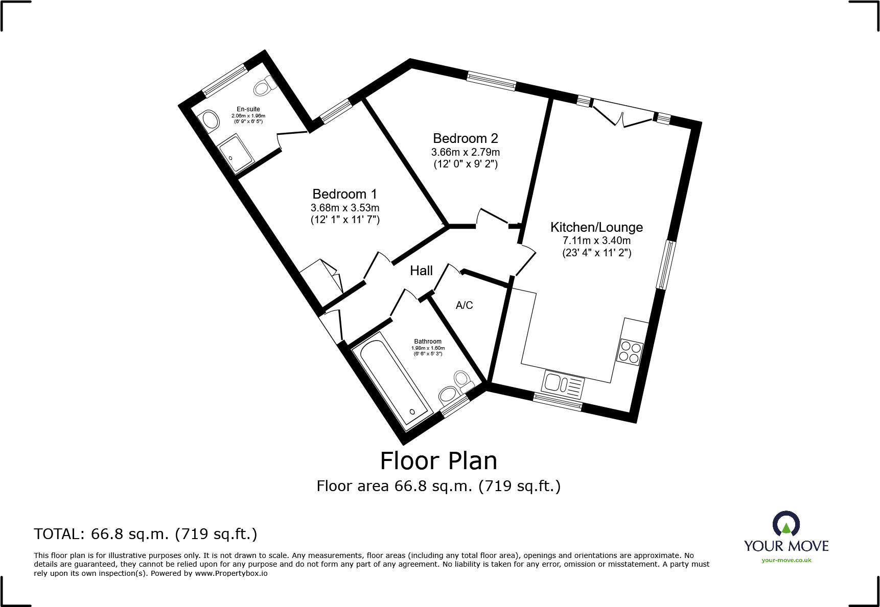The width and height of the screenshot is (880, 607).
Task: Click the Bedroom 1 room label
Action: pos(344,194)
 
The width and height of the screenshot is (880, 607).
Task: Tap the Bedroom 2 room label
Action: pos(465,138)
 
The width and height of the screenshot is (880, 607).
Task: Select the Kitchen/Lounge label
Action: pos(596,228)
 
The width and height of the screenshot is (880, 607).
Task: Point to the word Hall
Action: pos(421,271)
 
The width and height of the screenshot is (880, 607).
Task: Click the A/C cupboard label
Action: pos(464,305)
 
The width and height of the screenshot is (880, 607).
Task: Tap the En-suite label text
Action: pos(248,109)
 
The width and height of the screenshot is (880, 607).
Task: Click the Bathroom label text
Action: pos(428,342)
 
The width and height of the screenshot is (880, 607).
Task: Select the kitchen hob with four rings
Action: pos(630,352)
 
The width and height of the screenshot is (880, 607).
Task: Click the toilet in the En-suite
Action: pos(265,86)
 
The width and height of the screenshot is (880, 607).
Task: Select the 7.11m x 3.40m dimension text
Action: pos(596,240)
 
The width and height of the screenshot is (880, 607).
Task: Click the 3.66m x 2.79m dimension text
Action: pos(466,152)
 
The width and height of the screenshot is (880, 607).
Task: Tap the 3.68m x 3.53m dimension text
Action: pos(345,208)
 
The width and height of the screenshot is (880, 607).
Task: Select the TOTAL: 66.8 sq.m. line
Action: pos(146,534)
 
